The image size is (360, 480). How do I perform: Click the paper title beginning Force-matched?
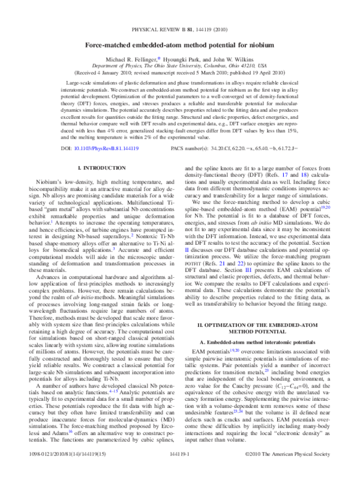(x=179, y=45)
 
